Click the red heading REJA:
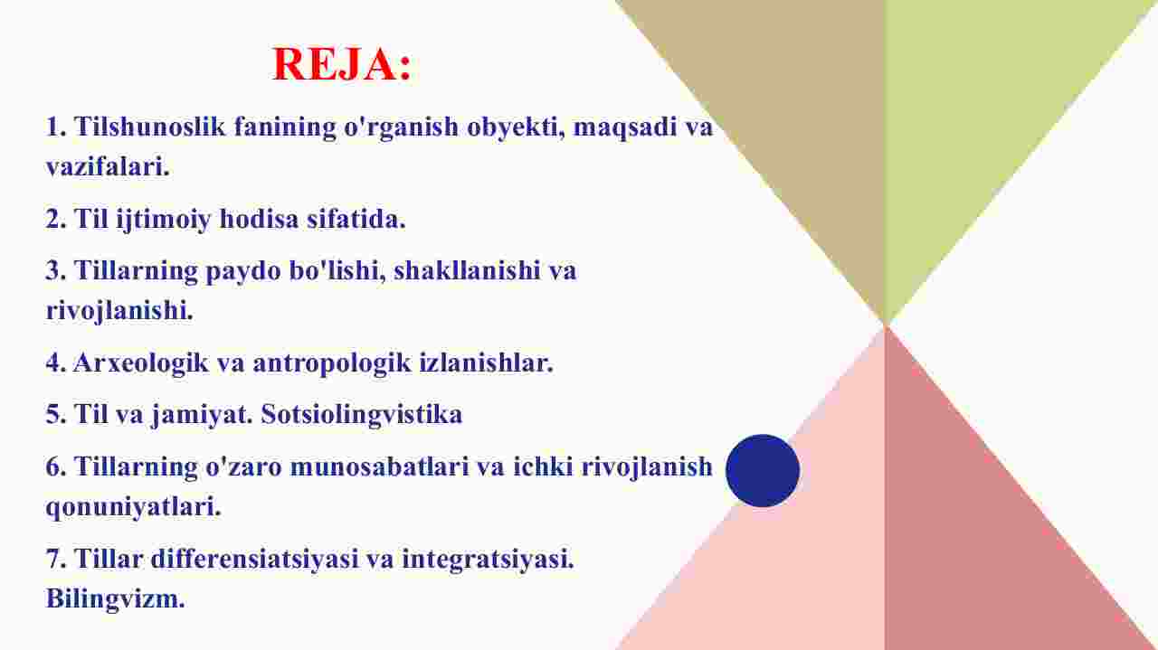coord(342,64)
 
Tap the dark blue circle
coord(763,471)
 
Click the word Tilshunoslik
coord(150,127)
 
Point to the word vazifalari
coord(108,167)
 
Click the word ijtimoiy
coord(164,220)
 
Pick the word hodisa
coord(260,219)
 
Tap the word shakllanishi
coord(467,270)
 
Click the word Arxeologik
coord(141,363)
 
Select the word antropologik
coord(332,363)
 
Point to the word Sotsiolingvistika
coord(361,414)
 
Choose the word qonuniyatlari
coord(133,507)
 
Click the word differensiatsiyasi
coord(254,559)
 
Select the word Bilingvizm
coord(115,599)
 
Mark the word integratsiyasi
coord(488,559)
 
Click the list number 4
coord(55,363)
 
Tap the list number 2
coord(55,219)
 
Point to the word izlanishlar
coord(486,363)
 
